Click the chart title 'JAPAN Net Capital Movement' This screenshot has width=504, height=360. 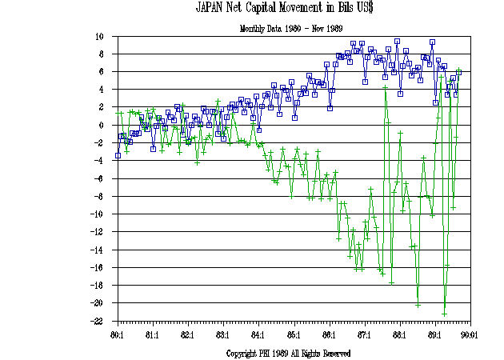point(287,9)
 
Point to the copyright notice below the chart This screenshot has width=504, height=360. point(288,353)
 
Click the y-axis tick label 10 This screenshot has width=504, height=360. point(100,37)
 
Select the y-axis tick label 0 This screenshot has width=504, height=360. point(102,126)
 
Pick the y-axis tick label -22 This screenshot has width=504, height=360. point(98,322)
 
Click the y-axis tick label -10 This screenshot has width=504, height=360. point(98,214)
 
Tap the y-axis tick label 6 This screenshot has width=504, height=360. point(102,72)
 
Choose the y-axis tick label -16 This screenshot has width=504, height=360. point(98,268)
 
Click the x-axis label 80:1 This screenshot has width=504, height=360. point(117,334)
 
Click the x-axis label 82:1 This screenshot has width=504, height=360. point(187,334)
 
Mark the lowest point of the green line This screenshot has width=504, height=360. point(444,314)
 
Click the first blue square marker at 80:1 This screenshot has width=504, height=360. point(118,155)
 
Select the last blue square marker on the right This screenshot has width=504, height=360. point(459,72)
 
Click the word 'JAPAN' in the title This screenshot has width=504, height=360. point(213,9)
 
